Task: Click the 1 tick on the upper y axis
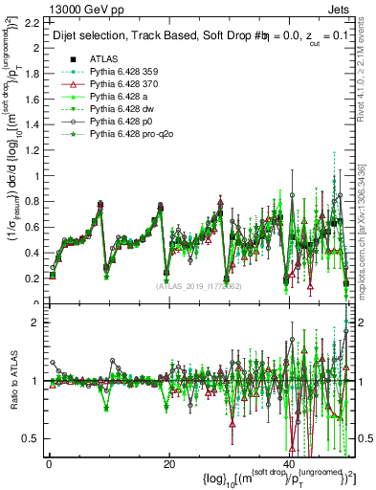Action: (38, 175)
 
